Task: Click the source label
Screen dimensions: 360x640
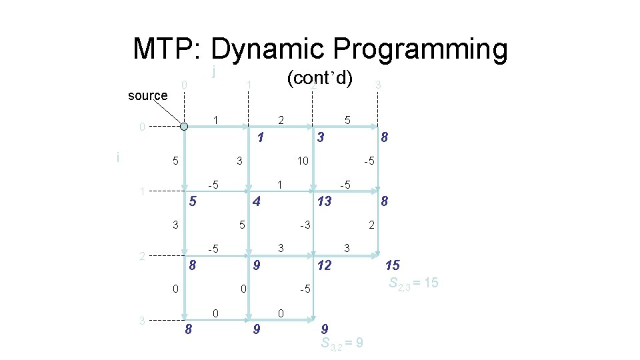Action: [147, 95]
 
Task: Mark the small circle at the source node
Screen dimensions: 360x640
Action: [184, 127]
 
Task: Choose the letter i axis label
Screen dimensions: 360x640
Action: [118, 157]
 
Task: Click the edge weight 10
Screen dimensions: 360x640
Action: [303, 161]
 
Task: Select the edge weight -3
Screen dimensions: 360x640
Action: [305, 225]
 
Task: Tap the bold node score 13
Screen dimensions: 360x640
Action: [323, 201]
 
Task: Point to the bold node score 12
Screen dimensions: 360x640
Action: [323, 266]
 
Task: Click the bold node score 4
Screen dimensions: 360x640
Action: [256, 201]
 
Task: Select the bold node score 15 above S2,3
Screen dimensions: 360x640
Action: [393, 266]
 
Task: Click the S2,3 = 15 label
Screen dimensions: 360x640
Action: [413, 283]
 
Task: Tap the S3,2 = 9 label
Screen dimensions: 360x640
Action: [341, 343]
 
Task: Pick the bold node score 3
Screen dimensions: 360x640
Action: [321, 138]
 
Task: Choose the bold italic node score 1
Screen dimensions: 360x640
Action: [261, 138]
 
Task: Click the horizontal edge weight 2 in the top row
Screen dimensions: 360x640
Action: [281, 120]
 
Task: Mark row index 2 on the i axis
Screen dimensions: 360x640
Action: [141, 255]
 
